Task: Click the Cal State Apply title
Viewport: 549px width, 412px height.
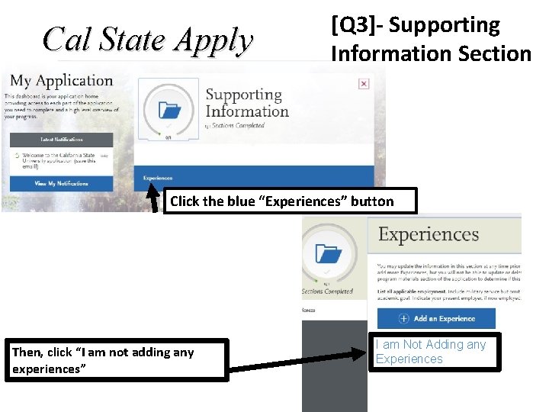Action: coord(148,40)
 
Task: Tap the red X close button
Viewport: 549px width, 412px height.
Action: coord(364,84)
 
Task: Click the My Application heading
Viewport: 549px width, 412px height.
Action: coord(61,81)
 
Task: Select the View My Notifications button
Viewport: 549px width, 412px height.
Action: coord(61,184)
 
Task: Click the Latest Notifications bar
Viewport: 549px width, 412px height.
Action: coord(61,140)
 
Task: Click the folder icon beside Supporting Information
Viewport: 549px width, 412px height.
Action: coord(169,111)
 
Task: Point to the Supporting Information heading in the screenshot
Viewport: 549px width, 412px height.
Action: coord(246,103)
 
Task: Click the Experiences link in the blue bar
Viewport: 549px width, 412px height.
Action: coord(158,179)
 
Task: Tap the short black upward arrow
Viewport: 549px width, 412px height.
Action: coord(152,195)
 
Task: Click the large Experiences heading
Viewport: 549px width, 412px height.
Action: coord(429,234)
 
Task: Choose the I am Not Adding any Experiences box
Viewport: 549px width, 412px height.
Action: coord(438,352)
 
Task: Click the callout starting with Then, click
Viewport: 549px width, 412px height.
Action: coord(119,359)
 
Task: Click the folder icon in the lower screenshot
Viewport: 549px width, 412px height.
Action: coord(329,255)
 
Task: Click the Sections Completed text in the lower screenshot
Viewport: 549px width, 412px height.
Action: coord(328,291)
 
